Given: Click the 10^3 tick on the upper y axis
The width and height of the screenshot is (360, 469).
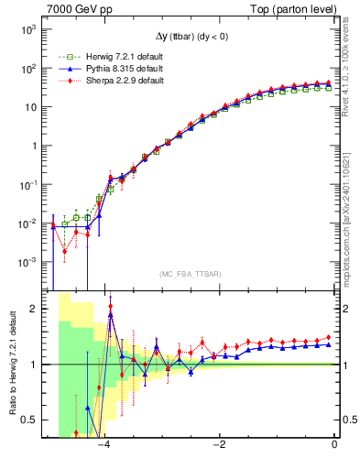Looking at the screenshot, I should [x=27, y=30].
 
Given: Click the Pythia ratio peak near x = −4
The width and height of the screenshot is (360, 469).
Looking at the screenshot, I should [x=111, y=314].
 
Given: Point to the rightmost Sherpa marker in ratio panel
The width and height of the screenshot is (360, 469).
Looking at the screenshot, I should [x=329, y=337].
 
